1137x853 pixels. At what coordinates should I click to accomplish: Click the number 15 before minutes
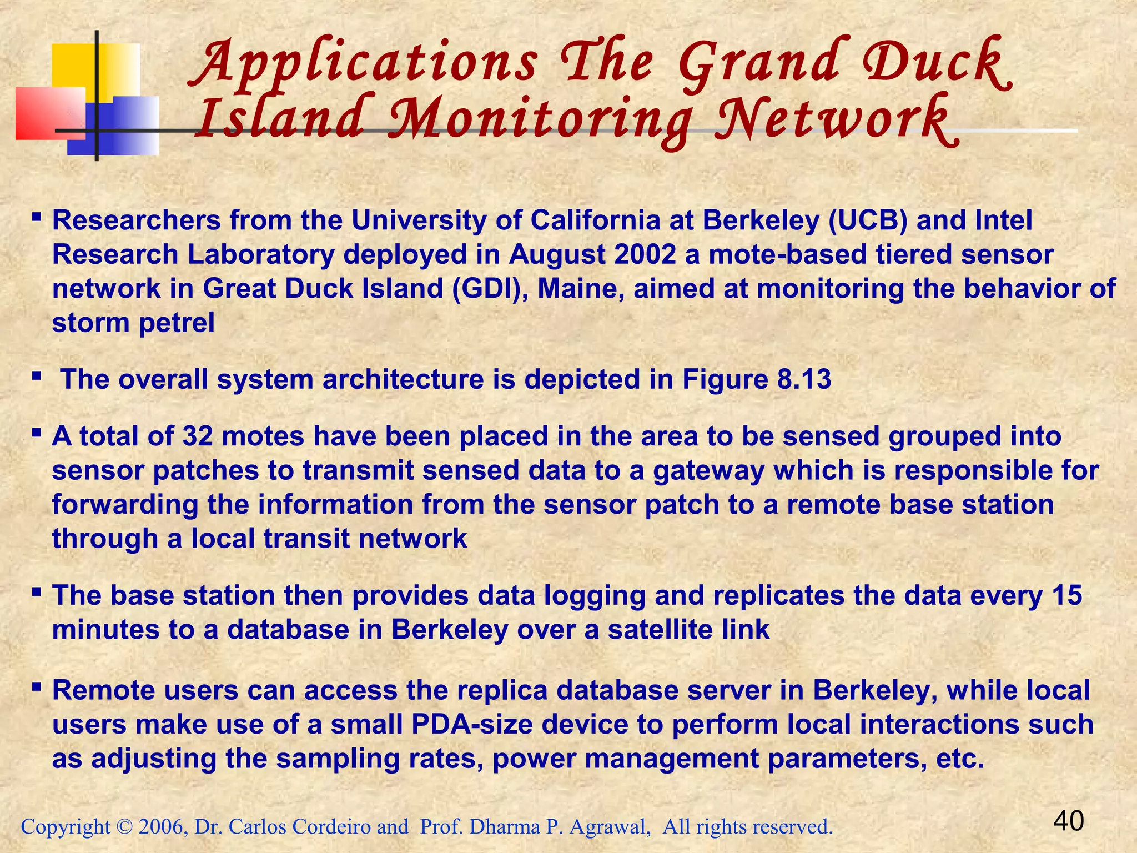[1066, 595]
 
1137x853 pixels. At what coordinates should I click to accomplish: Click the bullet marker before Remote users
[37, 688]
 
